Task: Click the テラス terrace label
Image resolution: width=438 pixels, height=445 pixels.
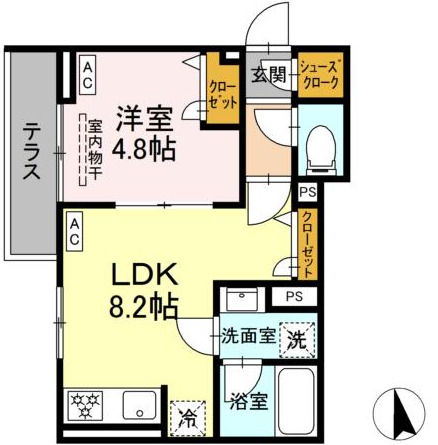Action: [x=32, y=150]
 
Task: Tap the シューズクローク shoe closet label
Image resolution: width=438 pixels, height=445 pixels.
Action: [x=322, y=75]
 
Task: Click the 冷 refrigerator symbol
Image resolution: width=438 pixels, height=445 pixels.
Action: [x=188, y=416]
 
